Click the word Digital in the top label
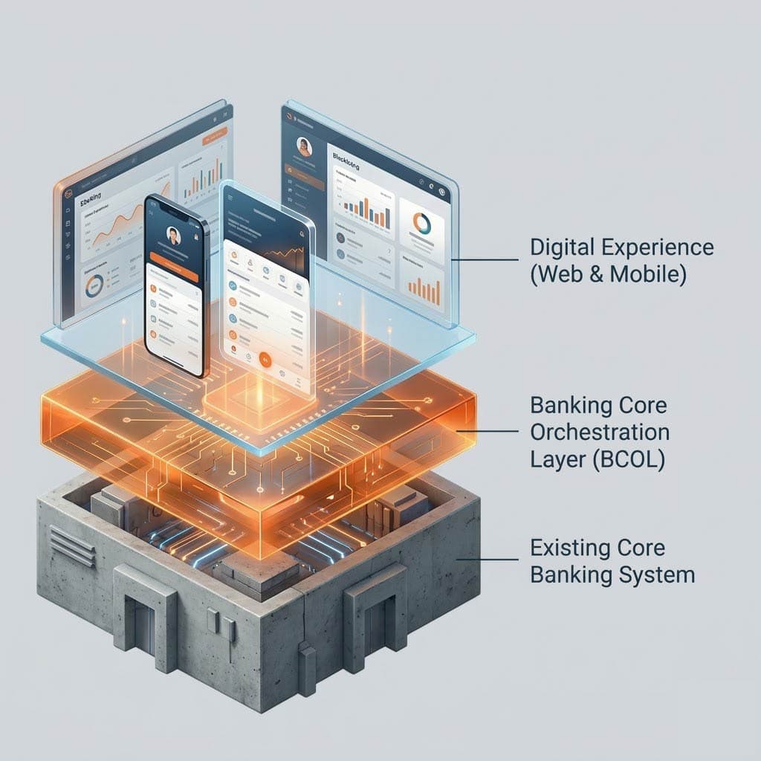tap(559, 247)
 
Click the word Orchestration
tap(599, 432)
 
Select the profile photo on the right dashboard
tap(303, 146)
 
